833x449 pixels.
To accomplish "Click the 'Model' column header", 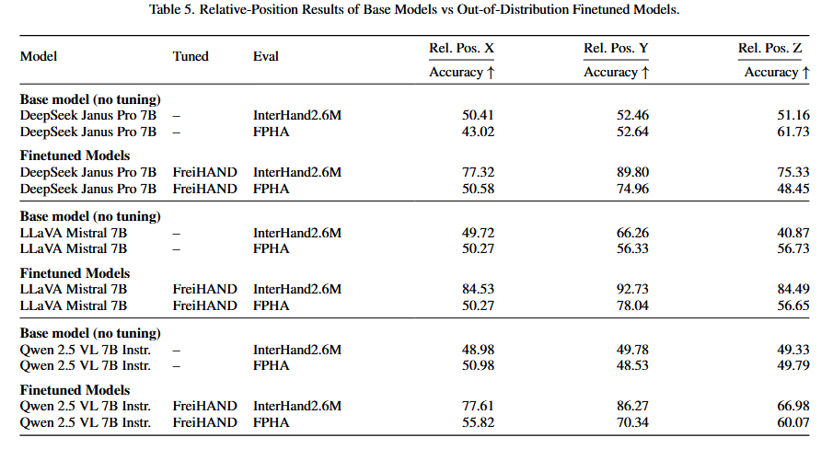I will tap(39, 56).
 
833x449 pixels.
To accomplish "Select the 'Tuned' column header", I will tap(191, 56).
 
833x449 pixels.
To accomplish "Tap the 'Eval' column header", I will tap(266, 56).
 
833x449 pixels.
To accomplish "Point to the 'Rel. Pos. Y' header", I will tap(617, 48).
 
